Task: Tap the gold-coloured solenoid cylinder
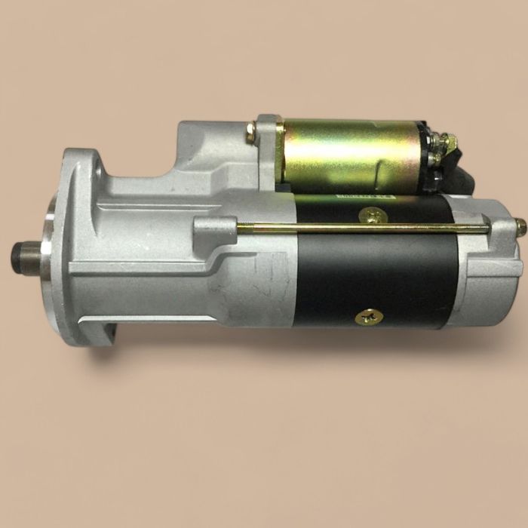pyautogui.click(x=347, y=155)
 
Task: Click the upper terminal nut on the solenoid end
pyautogui.click(x=446, y=141)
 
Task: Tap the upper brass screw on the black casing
pyautogui.click(x=374, y=216)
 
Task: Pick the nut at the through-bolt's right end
pyautogui.click(x=520, y=226)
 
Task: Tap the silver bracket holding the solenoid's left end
pyautogui.click(x=266, y=151)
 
